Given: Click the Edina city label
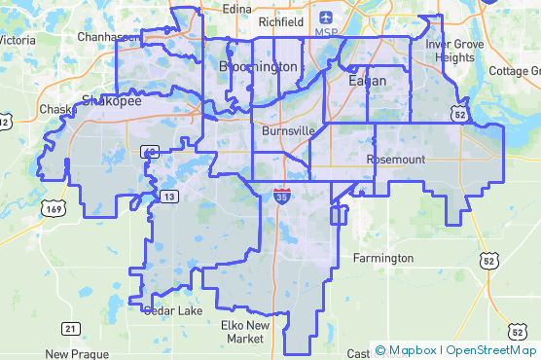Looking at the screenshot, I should point(236,9).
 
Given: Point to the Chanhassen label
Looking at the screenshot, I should point(108,36).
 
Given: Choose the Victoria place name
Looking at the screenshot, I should point(18,41).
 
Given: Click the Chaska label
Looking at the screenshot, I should point(58,109).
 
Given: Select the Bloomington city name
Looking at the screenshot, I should point(258,66).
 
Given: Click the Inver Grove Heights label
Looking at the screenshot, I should point(450,51).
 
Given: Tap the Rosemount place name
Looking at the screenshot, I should point(397,159).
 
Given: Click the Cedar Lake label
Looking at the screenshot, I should point(173,310).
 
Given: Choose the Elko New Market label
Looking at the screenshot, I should point(243,332).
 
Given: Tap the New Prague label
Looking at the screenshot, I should point(72,354).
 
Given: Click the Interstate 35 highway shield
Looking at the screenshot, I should point(281,196).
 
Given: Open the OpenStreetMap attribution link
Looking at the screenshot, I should point(491,350).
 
